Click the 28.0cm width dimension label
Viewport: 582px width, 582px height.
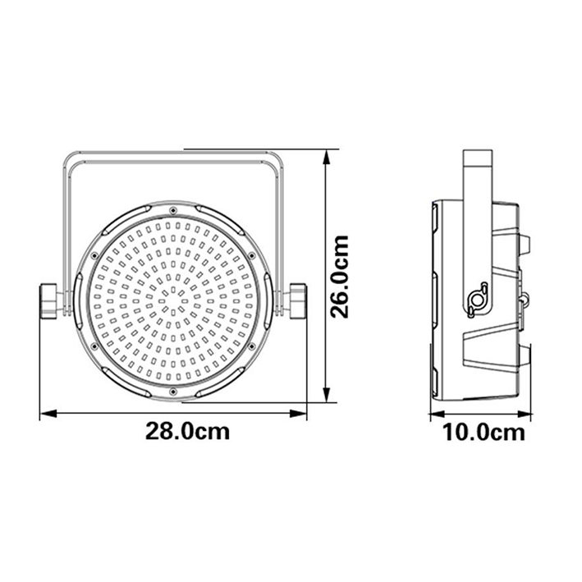coord(187,431)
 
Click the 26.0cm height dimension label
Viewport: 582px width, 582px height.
coord(340,277)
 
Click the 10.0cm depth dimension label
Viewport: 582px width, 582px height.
coord(484,433)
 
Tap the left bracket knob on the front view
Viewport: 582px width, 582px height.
coord(48,301)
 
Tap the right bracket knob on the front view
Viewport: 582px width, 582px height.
coord(298,300)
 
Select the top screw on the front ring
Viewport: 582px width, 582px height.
coord(172,211)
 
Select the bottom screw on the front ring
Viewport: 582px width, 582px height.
coord(172,392)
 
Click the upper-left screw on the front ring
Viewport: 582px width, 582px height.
coord(94,255)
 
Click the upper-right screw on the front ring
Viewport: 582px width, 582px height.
coord(251,255)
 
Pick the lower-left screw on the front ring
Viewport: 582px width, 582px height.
coord(94,346)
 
